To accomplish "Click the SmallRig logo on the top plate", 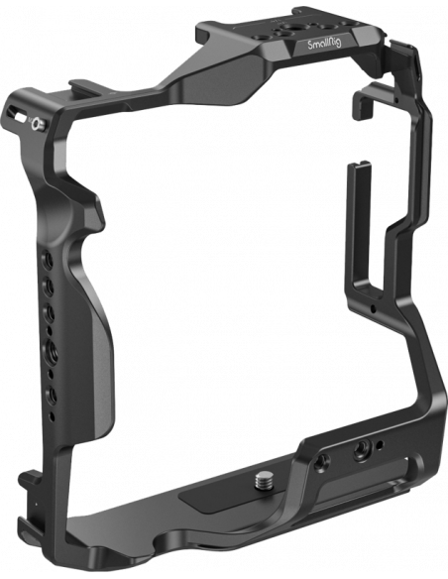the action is tap(325, 44).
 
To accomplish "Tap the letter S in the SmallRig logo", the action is tap(310, 45).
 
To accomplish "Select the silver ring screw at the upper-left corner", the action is tap(38, 125).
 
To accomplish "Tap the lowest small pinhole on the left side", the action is tap(52, 416).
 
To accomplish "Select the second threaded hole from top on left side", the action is tap(50, 285).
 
